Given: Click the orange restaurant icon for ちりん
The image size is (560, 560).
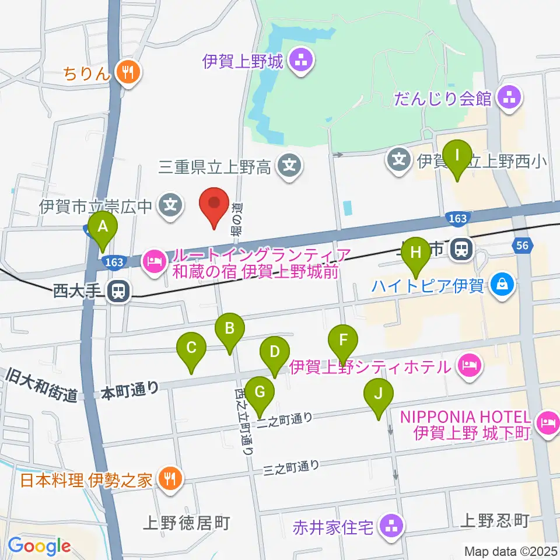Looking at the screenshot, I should (127, 72).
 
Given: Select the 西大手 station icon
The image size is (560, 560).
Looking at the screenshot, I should (118, 290).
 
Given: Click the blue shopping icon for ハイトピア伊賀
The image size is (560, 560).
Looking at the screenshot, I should (501, 285).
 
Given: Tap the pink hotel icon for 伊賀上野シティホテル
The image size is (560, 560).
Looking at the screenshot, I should (470, 366).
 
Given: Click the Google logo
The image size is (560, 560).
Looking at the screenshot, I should (39, 545).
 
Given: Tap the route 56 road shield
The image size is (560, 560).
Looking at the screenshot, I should (523, 246).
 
